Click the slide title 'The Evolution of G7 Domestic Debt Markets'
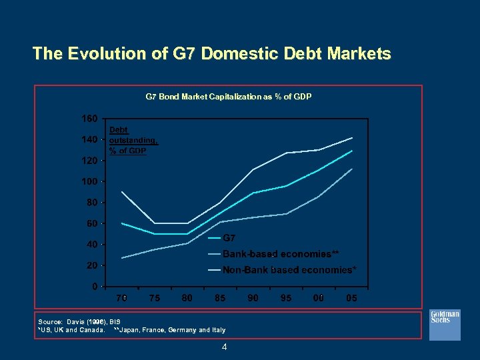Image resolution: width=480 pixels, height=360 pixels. (x=211, y=54)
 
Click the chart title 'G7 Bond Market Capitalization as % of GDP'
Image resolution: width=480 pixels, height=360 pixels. (x=229, y=97)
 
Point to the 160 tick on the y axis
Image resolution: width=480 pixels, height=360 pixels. (x=89, y=119)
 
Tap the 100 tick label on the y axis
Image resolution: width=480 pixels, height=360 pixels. (x=89, y=181)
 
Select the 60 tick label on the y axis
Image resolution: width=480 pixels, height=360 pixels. (x=92, y=223)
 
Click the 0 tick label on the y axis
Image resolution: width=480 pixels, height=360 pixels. (x=95, y=287)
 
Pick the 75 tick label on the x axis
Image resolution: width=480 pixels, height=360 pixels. (x=154, y=299)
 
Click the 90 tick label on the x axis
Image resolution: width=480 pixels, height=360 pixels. (x=253, y=299)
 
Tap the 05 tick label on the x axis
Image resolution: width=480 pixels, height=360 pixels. (x=351, y=299)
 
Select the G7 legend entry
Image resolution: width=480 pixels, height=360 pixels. (x=228, y=238)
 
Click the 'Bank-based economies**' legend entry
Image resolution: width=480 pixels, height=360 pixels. (x=280, y=254)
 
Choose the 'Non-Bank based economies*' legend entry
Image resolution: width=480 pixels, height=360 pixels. (x=289, y=270)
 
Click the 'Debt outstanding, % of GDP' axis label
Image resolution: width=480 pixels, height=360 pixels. (x=133, y=141)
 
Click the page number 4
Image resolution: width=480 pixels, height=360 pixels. (x=225, y=347)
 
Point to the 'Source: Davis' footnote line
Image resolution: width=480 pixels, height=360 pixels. (x=79, y=321)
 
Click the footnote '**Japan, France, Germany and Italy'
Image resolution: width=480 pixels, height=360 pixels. (x=169, y=330)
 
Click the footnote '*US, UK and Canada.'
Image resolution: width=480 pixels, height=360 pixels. (x=71, y=330)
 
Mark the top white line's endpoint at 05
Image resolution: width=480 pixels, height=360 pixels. (x=352, y=137)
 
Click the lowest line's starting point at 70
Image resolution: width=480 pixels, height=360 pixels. (x=121, y=258)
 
